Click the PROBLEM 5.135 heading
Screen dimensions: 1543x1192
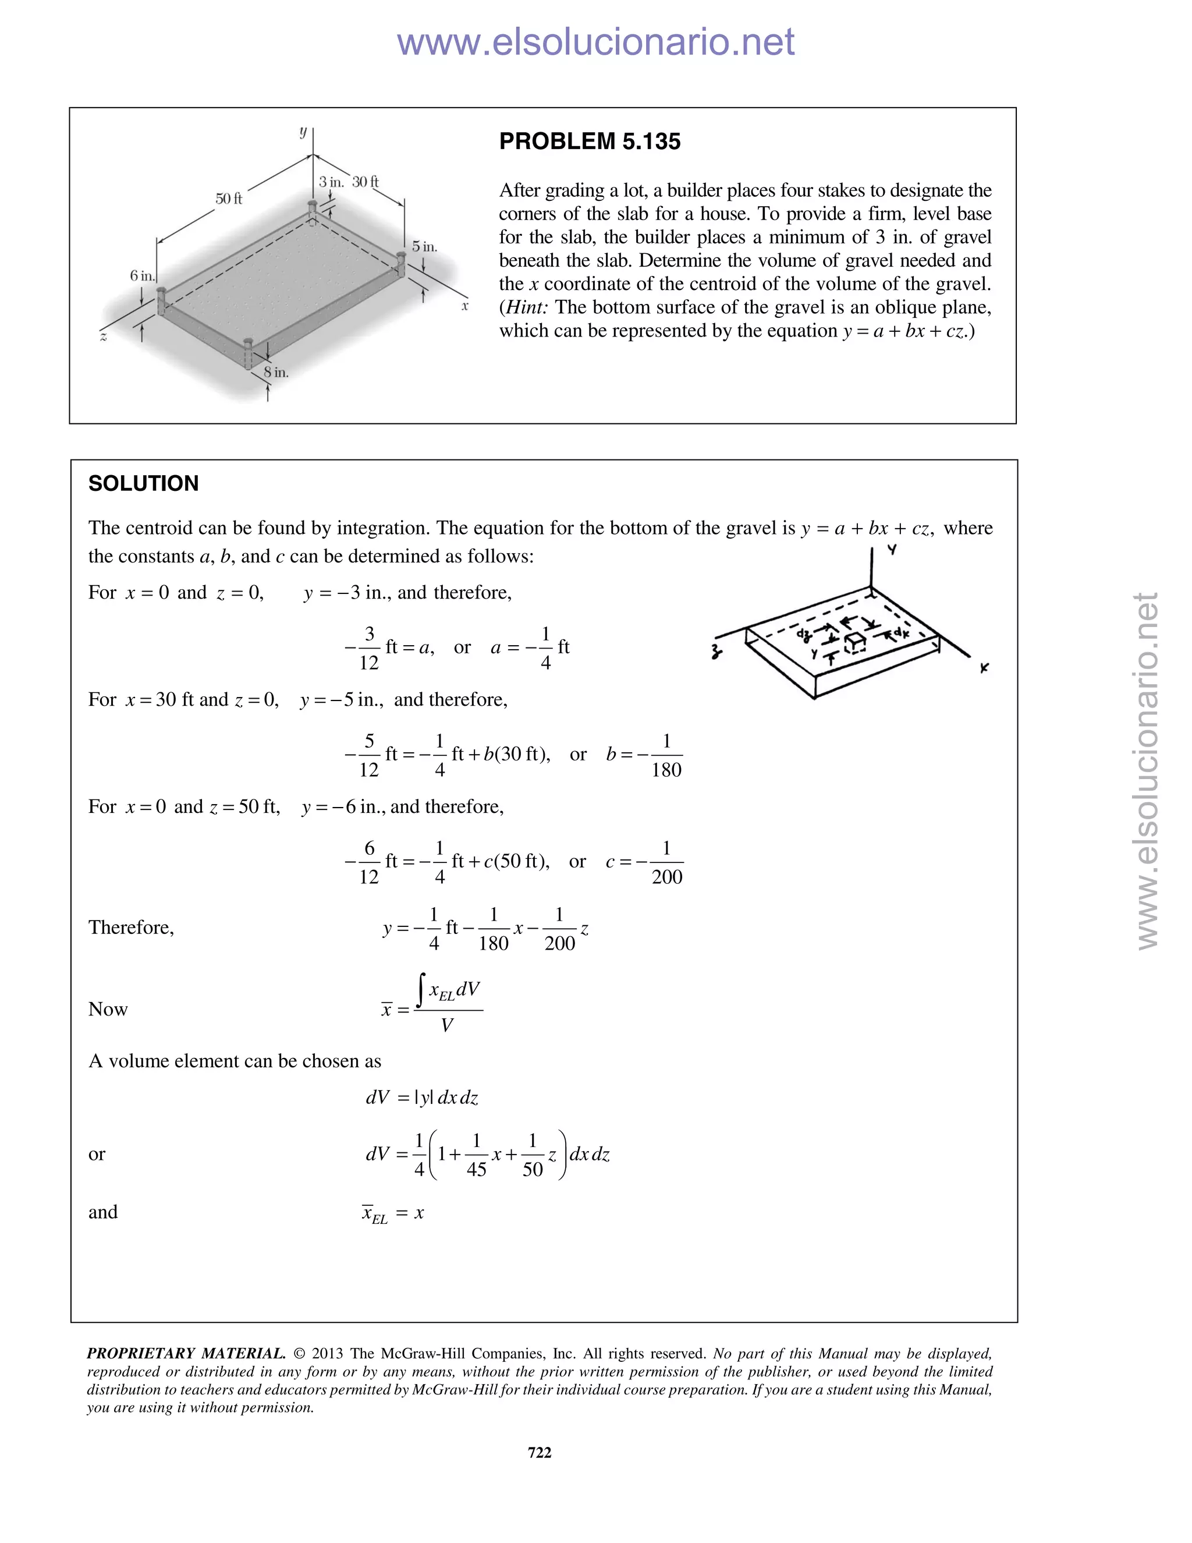point(590,141)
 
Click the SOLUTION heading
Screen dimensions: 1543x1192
point(143,483)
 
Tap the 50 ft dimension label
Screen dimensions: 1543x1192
point(228,199)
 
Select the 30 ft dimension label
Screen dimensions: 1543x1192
point(365,182)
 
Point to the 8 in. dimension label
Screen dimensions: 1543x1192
point(276,372)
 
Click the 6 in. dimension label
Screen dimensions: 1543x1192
point(141,275)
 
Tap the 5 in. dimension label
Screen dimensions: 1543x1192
point(424,246)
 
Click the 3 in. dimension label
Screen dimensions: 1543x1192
point(331,182)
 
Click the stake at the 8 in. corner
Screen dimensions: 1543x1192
point(249,353)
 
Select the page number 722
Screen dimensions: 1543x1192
point(540,1452)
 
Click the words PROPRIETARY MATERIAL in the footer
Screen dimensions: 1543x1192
point(186,1354)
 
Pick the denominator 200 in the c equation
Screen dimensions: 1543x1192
point(666,877)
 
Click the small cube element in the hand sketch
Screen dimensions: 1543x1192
point(856,642)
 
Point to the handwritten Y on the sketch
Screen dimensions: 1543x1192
point(893,550)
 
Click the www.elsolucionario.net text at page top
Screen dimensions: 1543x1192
point(595,43)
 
